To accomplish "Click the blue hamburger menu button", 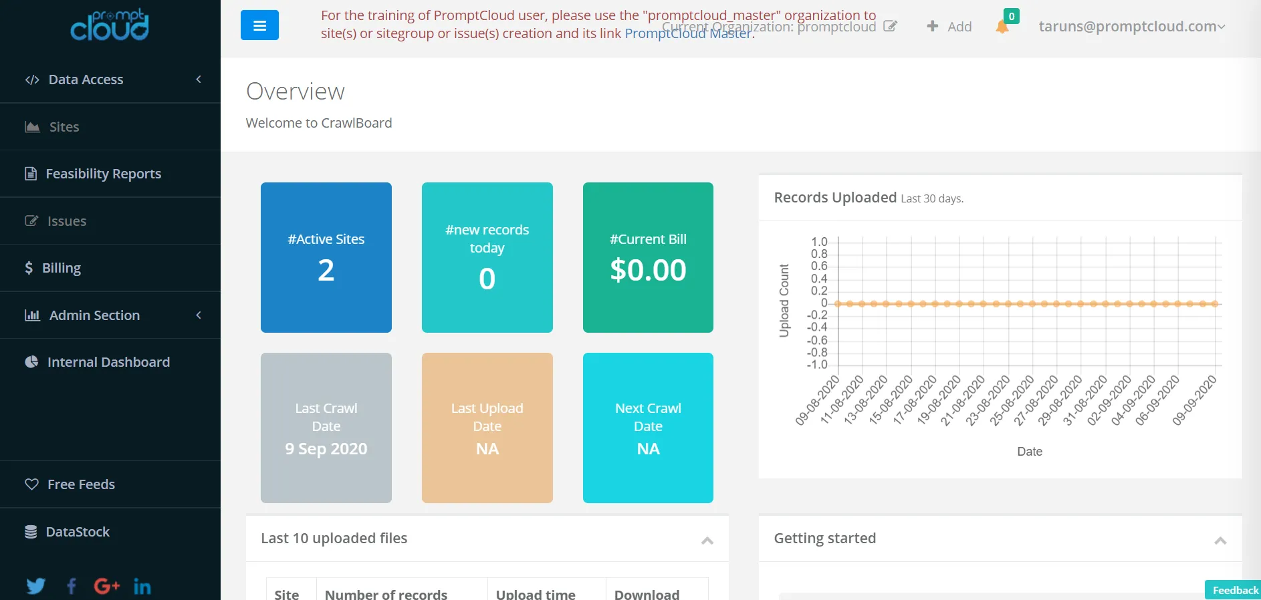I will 259,25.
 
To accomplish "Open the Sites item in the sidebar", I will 64,127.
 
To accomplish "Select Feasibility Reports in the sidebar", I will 103,174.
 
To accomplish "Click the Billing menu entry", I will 61,268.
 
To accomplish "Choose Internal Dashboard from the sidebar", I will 108,362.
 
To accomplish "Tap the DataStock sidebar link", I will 78,532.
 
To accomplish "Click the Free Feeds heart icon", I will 31,484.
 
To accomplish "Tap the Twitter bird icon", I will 35,586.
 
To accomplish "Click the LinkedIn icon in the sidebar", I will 142,587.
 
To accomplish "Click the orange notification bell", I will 1002,27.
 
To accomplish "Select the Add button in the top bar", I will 949,27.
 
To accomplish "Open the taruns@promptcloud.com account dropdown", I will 1131,27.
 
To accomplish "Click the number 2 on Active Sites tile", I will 326,271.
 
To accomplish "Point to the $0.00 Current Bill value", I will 648,271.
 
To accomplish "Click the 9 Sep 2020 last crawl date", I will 326,449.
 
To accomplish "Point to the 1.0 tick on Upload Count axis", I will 819,241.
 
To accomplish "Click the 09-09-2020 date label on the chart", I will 1194,400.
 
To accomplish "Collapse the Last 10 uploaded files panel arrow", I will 707,541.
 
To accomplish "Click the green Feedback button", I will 1234,590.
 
